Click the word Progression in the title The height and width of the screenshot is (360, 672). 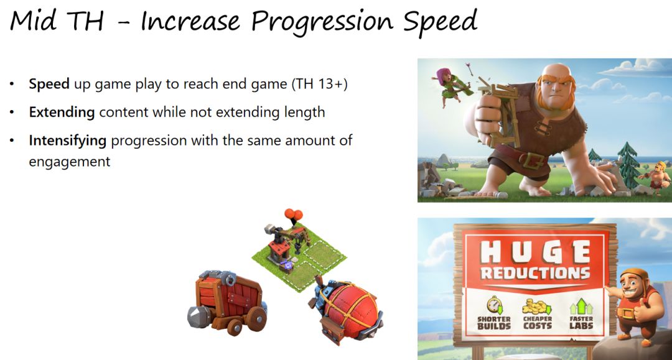click(322, 21)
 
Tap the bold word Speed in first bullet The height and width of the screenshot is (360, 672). click(49, 84)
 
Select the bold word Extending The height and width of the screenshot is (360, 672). click(62, 112)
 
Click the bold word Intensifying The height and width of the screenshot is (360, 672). click(67, 141)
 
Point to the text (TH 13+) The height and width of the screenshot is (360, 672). click(320, 84)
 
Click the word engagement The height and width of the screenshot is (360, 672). click(70, 162)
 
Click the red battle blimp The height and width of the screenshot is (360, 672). click(347, 309)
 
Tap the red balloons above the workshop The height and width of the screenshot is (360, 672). click(293, 214)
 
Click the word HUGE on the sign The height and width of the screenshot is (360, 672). click(535, 252)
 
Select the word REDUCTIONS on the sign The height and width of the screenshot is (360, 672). click(535, 273)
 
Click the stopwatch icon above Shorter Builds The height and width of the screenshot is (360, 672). click(494, 305)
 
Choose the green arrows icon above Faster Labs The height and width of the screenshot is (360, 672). click(581, 307)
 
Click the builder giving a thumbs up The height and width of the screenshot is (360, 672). click(633, 304)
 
